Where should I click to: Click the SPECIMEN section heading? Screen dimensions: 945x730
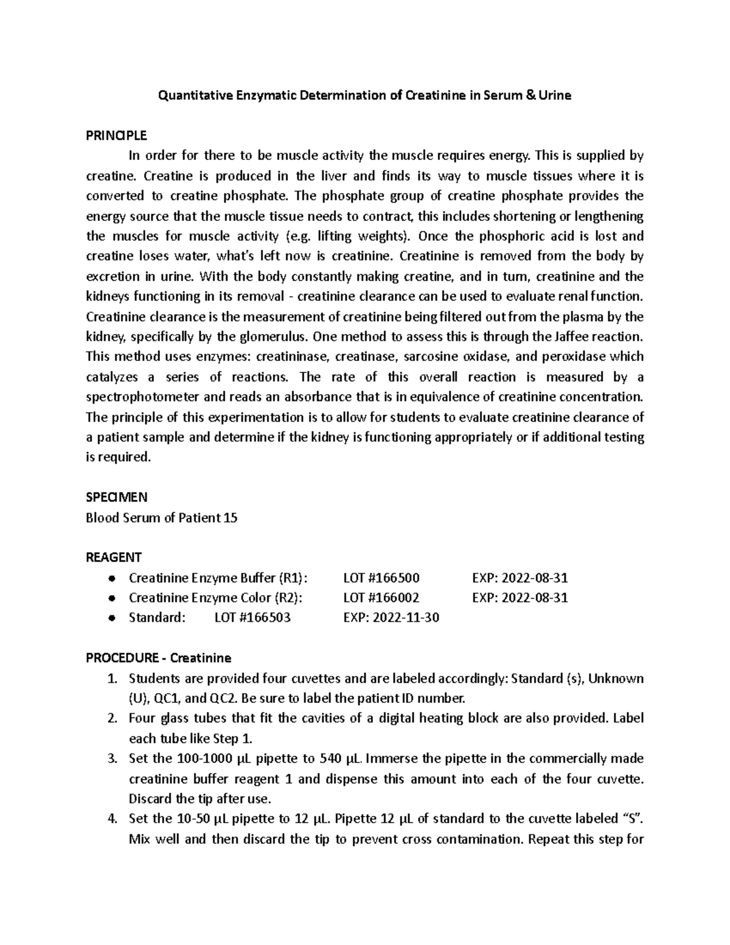116,497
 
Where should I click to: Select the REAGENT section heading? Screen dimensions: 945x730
114,557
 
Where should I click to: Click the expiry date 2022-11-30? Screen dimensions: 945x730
406,618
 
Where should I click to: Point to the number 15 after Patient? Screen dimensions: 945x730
231,518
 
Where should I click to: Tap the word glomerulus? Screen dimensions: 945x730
273,337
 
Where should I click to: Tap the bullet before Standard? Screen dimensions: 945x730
111,618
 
